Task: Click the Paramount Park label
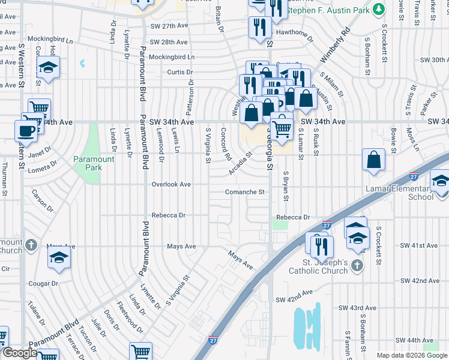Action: tap(93, 163)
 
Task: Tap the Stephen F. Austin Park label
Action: tap(327, 11)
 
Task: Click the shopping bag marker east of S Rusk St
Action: tap(373, 160)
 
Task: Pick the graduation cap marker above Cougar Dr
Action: tap(59, 258)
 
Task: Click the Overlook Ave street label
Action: tap(171, 184)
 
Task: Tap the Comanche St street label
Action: tap(245, 192)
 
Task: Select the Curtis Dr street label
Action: tap(179, 72)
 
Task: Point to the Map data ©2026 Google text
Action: tap(412, 355)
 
